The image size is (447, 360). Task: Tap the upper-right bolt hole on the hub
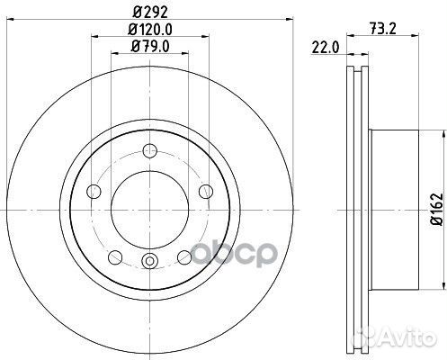coord(205,190)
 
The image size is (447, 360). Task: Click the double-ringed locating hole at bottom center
coord(150,262)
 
